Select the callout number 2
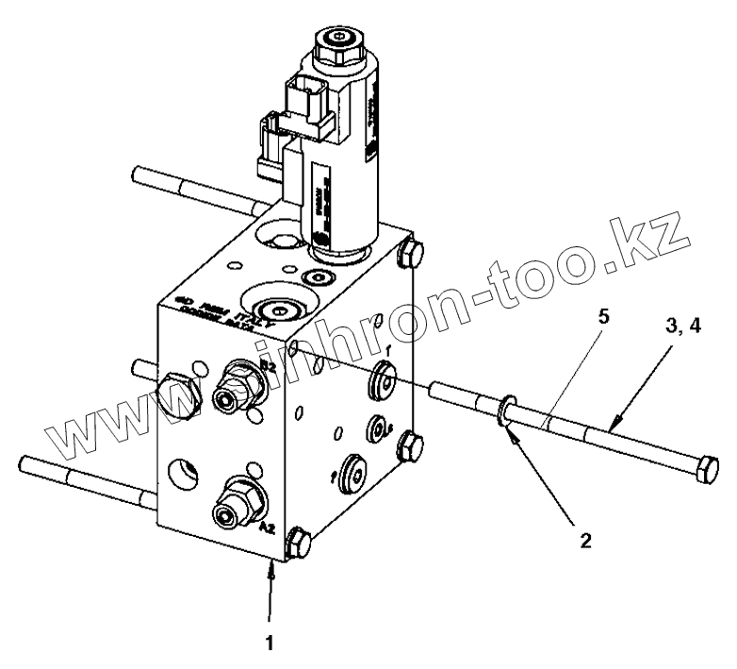pyautogui.click(x=587, y=542)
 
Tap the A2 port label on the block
pyautogui.click(x=267, y=529)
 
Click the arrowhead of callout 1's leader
pyautogui.click(x=273, y=567)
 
